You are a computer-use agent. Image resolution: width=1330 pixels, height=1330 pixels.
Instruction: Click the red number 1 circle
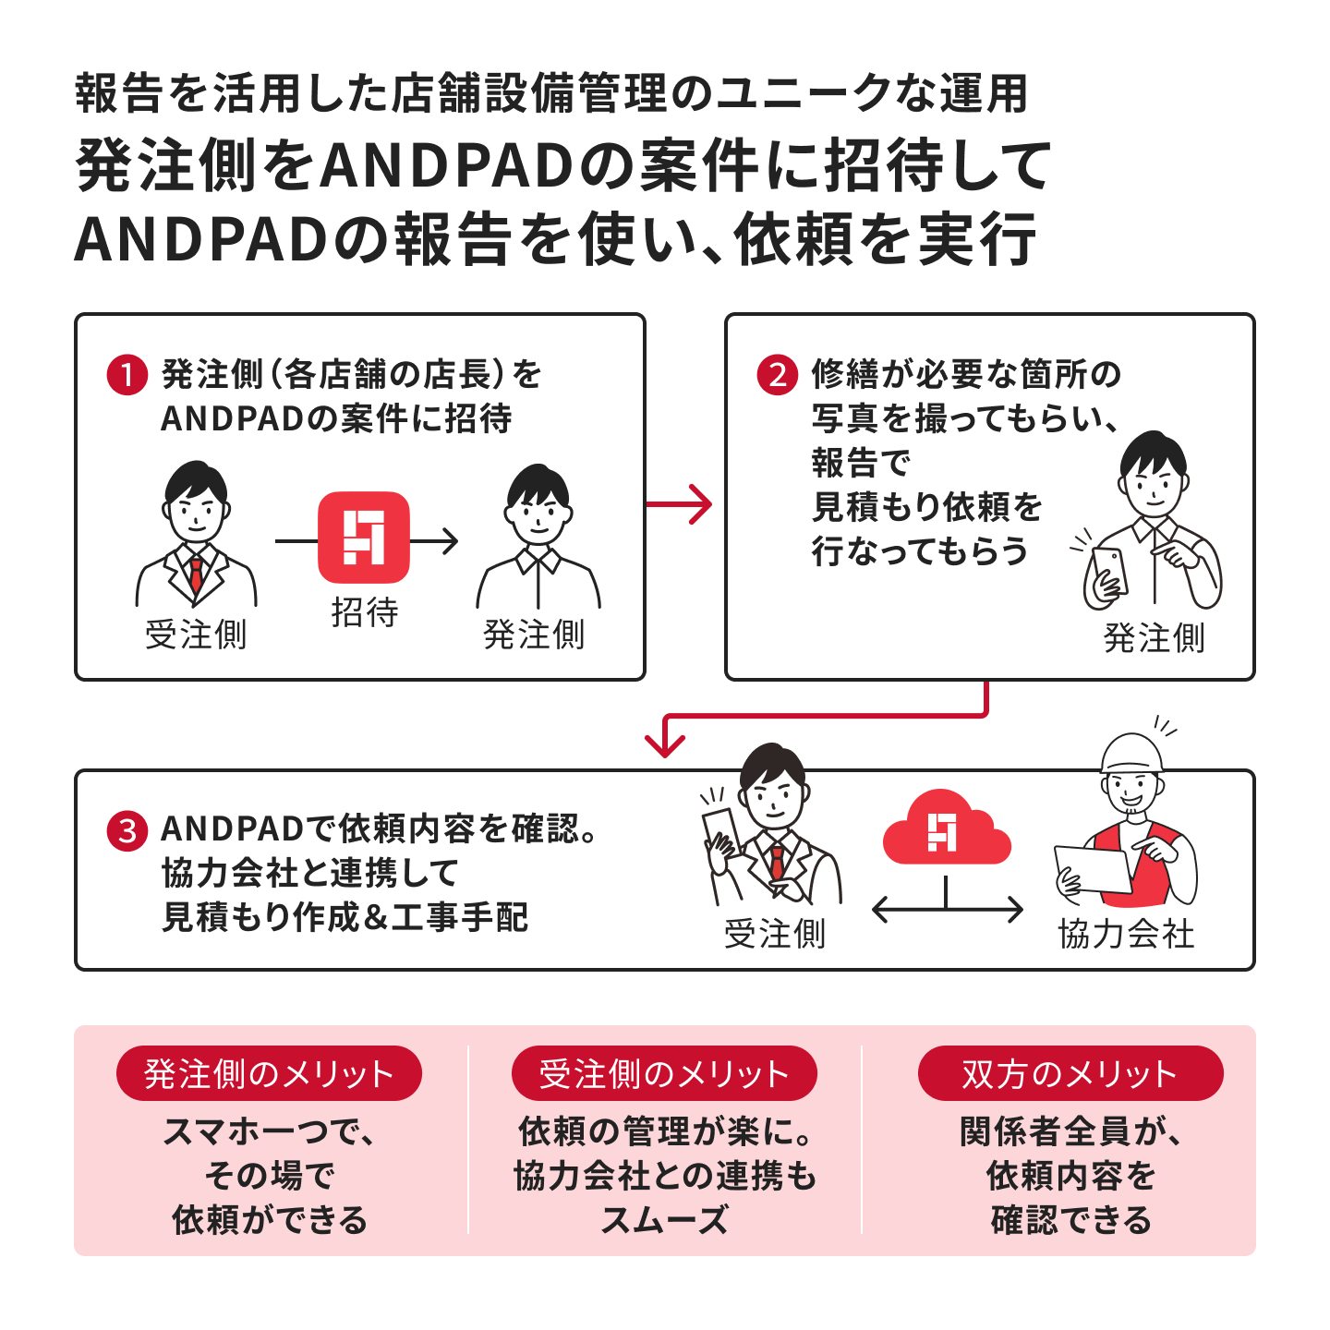(x=127, y=375)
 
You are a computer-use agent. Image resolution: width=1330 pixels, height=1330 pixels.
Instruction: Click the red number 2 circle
(x=777, y=375)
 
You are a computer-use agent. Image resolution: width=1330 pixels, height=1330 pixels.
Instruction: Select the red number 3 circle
(x=127, y=830)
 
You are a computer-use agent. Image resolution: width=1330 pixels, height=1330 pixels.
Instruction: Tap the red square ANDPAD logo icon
(x=364, y=538)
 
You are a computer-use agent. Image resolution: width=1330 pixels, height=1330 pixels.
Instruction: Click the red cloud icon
(x=945, y=829)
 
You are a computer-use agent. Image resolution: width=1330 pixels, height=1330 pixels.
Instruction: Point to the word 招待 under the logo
(x=365, y=612)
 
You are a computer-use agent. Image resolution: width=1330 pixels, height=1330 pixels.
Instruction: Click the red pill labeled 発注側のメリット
(x=269, y=1073)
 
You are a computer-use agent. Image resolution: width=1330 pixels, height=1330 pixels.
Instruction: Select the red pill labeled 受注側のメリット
(x=664, y=1073)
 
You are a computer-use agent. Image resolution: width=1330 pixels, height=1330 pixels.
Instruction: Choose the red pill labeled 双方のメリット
(x=1070, y=1073)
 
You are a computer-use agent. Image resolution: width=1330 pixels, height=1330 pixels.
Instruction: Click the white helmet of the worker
(x=1132, y=753)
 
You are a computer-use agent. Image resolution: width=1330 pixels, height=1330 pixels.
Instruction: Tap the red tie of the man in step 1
(x=196, y=573)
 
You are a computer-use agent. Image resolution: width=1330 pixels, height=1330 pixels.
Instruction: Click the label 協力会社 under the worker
(x=1126, y=935)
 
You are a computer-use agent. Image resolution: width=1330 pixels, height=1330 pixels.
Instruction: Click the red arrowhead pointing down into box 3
(x=665, y=743)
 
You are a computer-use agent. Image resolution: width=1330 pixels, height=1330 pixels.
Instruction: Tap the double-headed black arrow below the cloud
(x=947, y=911)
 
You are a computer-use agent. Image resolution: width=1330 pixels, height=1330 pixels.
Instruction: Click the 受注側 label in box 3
(x=774, y=935)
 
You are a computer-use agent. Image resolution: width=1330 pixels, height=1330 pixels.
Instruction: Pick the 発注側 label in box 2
(x=1154, y=638)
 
